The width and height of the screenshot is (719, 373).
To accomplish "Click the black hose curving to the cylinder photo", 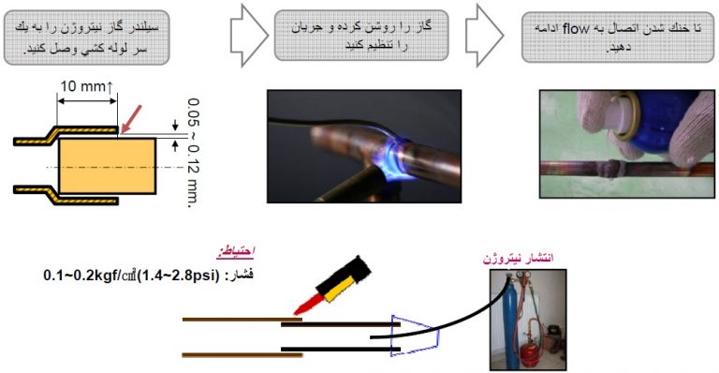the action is pyautogui.click(x=459, y=300).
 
